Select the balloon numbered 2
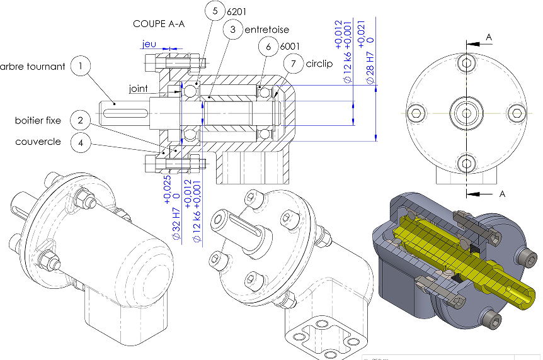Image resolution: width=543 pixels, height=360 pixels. pyautogui.click(x=81, y=120)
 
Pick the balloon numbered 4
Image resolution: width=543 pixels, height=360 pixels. pyautogui.click(x=81, y=142)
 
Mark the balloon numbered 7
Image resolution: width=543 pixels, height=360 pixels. pyautogui.click(x=293, y=64)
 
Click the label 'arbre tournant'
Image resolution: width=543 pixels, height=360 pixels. pyautogui.click(x=33, y=66)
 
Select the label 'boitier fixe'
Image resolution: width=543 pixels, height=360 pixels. pyautogui.click(x=38, y=120)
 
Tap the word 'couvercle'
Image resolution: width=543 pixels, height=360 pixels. pyautogui.click(x=38, y=142)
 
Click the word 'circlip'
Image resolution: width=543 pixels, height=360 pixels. pyautogui.click(x=319, y=64)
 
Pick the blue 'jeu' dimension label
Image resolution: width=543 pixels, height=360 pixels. pyautogui.click(x=149, y=44)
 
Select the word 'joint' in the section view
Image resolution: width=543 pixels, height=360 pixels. pyautogui.click(x=139, y=89)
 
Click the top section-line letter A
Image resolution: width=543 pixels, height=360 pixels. pyautogui.click(x=488, y=38)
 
